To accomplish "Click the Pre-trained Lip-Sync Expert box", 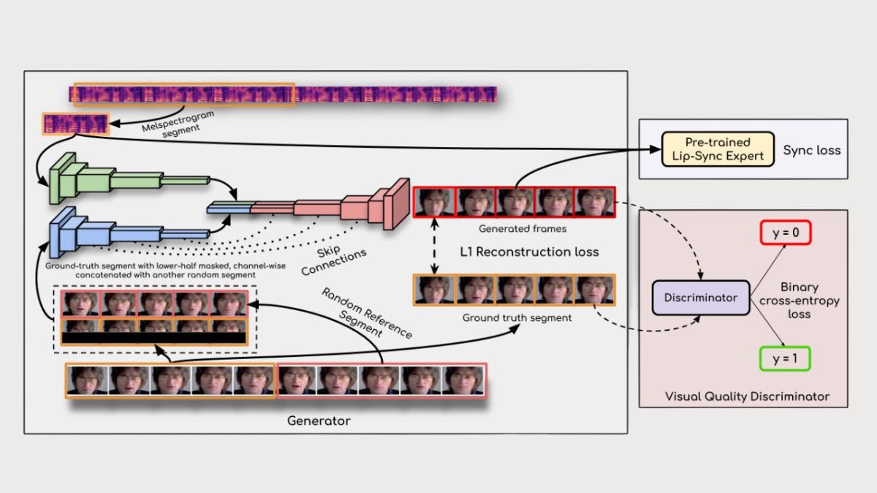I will (x=717, y=148).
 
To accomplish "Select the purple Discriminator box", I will (x=700, y=298).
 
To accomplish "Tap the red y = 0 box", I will (x=786, y=233).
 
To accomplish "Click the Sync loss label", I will (x=811, y=150).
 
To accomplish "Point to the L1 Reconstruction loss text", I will (x=529, y=252).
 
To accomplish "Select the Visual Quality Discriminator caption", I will (x=747, y=396).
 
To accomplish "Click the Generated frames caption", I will (x=512, y=229).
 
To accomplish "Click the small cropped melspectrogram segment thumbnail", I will (x=76, y=124).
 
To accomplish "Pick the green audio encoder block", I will (x=110, y=178).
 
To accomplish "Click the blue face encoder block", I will (x=110, y=229).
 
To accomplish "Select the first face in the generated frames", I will (x=434, y=202).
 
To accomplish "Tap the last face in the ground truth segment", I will (x=595, y=290).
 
